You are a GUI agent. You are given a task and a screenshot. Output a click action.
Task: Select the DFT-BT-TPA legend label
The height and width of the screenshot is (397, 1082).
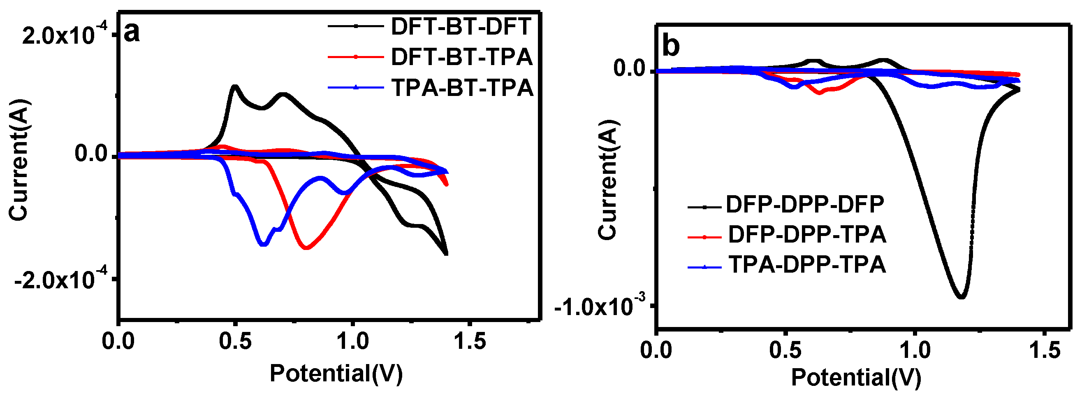click(461, 57)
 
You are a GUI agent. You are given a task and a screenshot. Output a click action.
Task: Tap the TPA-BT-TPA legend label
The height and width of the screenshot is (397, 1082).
click(462, 88)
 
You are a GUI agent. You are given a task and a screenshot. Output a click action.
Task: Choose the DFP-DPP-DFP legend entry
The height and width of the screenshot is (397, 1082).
click(805, 204)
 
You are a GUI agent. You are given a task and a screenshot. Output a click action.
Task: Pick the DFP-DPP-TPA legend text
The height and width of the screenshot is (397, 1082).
click(806, 234)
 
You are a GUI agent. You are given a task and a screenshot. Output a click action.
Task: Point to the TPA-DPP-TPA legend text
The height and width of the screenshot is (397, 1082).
click(806, 264)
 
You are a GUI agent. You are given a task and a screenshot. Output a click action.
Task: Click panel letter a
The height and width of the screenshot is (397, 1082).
click(132, 32)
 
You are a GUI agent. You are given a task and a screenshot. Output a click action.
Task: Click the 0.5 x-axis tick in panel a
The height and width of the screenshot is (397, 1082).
click(235, 341)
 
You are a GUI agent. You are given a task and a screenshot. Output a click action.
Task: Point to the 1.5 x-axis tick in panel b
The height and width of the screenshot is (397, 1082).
click(1044, 350)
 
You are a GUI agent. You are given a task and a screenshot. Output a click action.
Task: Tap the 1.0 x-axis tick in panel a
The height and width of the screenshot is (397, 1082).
click(353, 341)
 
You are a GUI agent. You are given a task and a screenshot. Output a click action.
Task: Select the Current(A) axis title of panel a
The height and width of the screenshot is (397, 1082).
click(19, 160)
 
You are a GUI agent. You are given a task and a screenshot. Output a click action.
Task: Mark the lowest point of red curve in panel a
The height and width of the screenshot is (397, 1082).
click(306, 248)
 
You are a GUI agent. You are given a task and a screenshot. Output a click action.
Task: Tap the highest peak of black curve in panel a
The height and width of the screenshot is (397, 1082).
click(235, 86)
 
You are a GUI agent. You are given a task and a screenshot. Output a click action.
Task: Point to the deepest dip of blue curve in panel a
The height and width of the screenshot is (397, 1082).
click(263, 244)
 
